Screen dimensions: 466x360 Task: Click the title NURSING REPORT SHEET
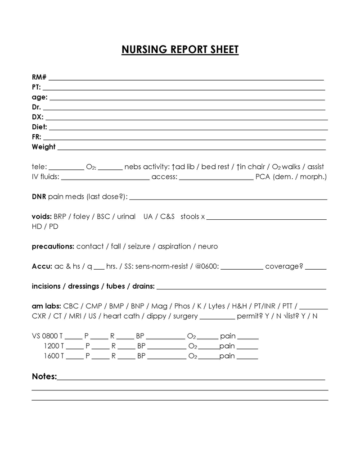click(x=180, y=50)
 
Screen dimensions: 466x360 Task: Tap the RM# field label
click(x=39, y=77)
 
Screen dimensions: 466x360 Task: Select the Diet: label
click(x=40, y=127)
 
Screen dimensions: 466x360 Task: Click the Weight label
click(x=44, y=147)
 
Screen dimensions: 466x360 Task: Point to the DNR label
click(x=39, y=196)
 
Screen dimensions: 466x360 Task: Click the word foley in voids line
click(x=81, y=217)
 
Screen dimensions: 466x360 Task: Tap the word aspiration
click(x=174, y=246)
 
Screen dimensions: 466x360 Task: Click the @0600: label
click(x=207, y=266)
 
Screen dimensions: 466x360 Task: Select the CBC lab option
click(x=71, y=306)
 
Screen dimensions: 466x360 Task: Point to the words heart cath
click(x=121, y=316)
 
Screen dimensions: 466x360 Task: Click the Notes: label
click(x=44, y=376)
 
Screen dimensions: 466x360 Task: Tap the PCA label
click(x=262, y=176)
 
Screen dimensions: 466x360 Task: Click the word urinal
click(x=126, y=217)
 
